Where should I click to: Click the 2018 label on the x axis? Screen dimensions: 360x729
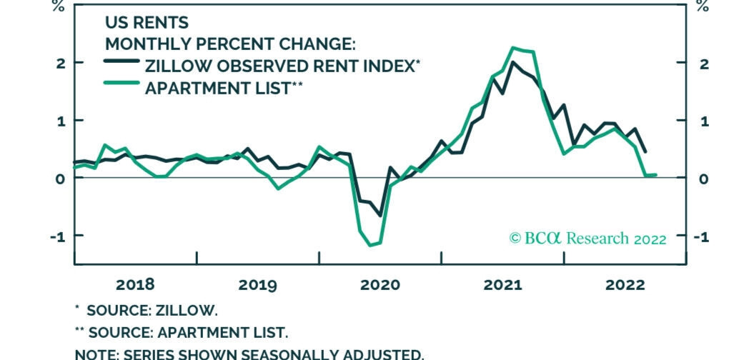click(x=135, y=284)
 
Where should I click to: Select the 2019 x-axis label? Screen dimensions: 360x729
click(x=257, y=284)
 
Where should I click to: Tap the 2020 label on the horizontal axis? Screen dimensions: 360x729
click(x=380, y=284)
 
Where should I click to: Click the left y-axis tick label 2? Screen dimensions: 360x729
click(x=61, y=63)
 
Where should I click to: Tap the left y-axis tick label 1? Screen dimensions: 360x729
click(x=61, y=121)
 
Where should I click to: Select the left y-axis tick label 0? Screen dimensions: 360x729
click(x=61, y=178)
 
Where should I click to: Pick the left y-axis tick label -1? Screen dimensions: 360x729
click(x=57, y=236)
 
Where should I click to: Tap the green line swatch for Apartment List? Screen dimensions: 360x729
click(x=121, y=87)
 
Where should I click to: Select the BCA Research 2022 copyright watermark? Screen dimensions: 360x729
click(x=587, y=238)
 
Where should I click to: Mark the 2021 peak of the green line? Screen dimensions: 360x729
click(x=514, y=48)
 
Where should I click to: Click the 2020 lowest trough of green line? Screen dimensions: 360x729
click(x=370, y=245)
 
